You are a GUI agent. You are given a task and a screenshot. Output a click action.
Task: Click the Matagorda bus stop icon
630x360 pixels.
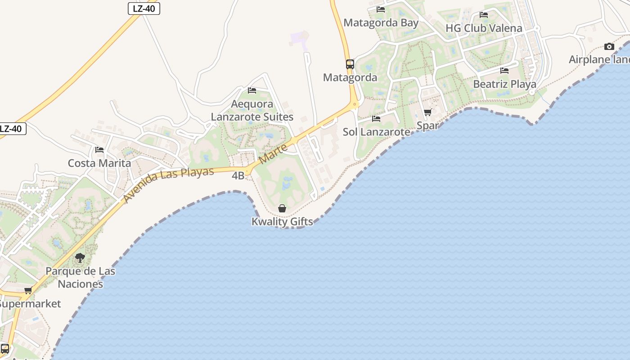point(350,64)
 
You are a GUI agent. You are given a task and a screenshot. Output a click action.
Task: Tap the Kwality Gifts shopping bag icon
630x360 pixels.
point(282,208)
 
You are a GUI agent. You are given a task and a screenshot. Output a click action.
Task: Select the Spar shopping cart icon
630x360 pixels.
point(427,112)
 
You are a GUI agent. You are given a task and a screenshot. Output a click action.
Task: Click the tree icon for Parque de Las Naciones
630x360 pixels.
point(80,258)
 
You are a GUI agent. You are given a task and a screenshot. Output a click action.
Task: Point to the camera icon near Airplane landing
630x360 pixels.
point(609,46)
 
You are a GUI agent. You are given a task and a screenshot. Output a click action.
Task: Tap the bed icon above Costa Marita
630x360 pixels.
point(99,149)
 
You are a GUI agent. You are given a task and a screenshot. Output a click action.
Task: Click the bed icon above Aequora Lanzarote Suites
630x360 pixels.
point(252,90)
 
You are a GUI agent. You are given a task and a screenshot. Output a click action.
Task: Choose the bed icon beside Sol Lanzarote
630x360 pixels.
point(376,119)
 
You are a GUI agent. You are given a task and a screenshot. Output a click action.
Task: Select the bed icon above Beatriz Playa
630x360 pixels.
point(504,71)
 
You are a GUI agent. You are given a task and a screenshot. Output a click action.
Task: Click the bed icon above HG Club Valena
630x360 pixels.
point(484,15)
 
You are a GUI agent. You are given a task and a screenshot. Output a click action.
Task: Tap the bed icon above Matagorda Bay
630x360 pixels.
point(381,9)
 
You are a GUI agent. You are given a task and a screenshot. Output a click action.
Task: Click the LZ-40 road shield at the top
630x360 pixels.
point(144,8)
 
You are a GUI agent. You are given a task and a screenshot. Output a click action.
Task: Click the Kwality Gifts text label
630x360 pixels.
point(282,221)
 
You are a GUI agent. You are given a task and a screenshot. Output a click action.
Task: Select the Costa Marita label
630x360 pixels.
point(99,163)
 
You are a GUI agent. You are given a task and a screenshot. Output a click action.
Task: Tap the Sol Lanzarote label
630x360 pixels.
point(376,132)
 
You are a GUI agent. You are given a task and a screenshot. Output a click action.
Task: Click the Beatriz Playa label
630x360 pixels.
point(504,84)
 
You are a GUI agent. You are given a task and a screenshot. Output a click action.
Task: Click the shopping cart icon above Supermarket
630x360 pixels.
point(28,291)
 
